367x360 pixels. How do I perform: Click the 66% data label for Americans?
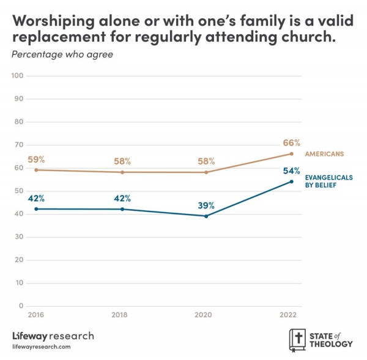click(291, 143)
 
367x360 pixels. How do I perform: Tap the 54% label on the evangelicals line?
click(291, 171)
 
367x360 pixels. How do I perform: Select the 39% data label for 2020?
click(206, 205)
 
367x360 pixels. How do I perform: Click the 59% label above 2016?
click(36, 160)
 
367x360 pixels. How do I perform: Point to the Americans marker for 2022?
click(292, 154)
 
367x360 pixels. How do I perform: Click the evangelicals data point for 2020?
click(206, 216)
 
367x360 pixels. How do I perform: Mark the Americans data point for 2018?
click(122, 172)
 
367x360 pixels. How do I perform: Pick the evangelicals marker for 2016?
click(36, 209)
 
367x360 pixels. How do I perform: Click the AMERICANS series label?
click(324, 153)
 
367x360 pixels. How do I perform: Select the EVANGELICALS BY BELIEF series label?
click(328, 181)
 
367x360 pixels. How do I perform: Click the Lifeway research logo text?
click(53, 336)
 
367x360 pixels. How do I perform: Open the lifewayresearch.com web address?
click(42, 347)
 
